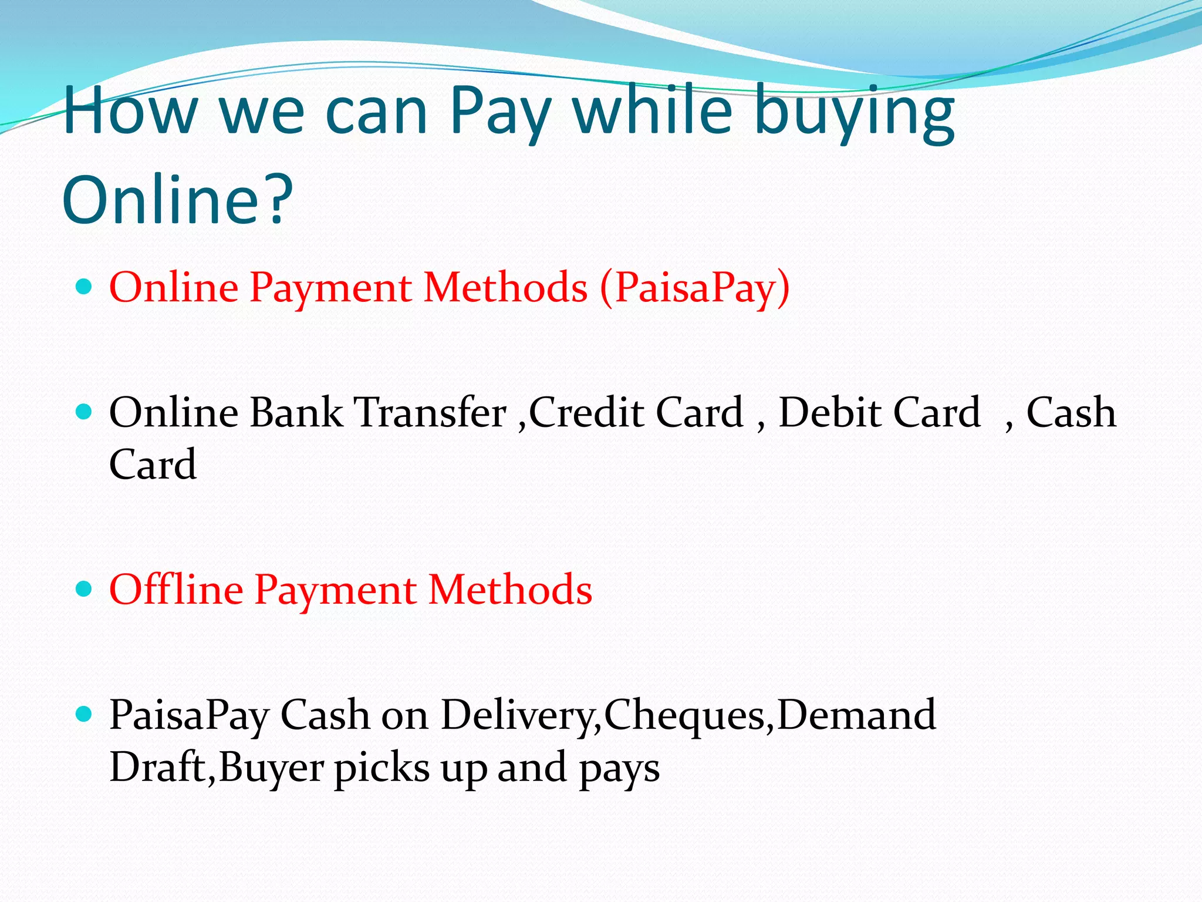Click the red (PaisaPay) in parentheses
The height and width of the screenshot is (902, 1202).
point(694,288)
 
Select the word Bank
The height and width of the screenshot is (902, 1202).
point(296,412)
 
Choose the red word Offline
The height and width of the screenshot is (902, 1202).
point(176,590)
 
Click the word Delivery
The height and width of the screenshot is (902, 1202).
point(520,715)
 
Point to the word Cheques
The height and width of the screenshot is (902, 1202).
point(684,715)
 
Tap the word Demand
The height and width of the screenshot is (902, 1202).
point(856,715)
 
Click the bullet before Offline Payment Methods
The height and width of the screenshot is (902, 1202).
point(85,589)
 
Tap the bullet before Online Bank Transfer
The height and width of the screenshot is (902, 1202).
point(85,412)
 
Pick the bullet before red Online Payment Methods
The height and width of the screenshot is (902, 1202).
point(85,287)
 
